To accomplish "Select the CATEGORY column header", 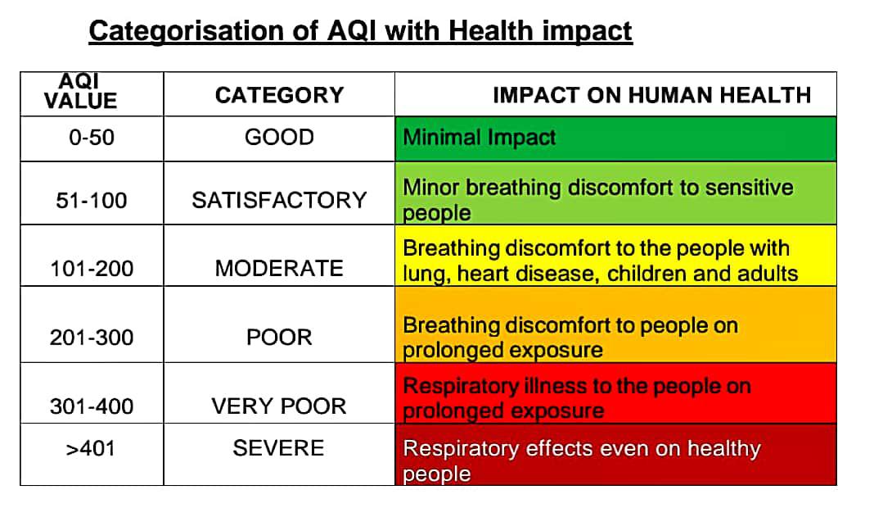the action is point(279,95).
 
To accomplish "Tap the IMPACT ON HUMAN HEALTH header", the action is point(651,95).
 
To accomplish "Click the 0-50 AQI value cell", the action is point(92,138).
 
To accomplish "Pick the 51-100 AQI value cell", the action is point(92,201).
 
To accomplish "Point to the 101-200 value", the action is point(92,269).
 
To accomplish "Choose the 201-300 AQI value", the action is point(92,338).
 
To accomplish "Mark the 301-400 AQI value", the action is point(92,406).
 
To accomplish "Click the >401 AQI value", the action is point(90,448).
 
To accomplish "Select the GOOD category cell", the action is point(279,138).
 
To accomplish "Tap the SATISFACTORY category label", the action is point(279,201).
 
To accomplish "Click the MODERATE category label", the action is point(279,269).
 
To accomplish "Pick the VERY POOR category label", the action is point(279,406).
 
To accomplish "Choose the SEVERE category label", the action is point(279,447).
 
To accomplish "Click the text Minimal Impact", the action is point(480,138).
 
